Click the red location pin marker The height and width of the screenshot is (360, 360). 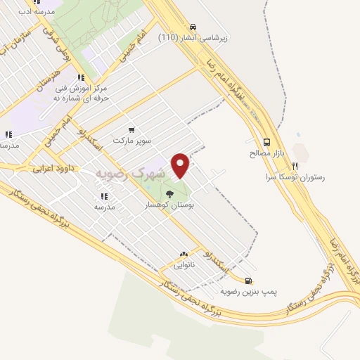pos(181,165)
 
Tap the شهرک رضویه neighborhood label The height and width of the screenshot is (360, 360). pos(130,173)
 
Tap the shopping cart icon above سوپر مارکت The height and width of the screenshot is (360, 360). pos(131,129)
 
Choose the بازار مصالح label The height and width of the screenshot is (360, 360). pos(266,153)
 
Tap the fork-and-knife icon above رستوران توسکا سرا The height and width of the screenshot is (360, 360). pos(295,167)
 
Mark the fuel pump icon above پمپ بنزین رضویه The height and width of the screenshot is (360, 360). pos(248,279)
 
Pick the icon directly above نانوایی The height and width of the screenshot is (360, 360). pos(184,255)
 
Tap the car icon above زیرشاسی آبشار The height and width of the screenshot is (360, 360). pos(202,27)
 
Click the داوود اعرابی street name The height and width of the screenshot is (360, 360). pos(51,169)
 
